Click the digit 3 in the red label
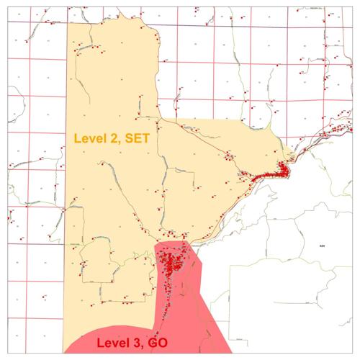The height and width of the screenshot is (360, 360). (139, 343)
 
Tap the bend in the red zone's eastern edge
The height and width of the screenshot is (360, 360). (204, 264)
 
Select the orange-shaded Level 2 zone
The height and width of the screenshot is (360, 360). (115, 187)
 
